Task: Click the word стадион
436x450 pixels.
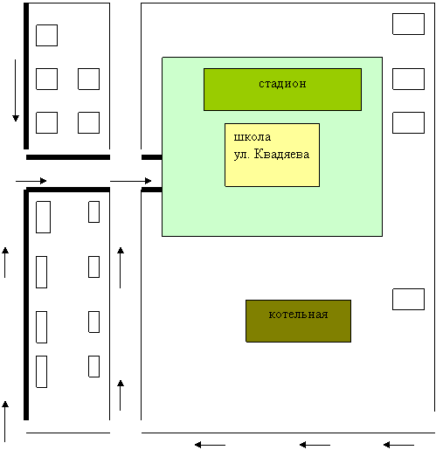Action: (282, 84)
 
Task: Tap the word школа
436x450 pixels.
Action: (253, 137)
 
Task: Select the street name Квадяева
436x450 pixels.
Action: (281, 154)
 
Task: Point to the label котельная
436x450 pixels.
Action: (298, 315)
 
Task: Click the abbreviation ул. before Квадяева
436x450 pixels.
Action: (242, 155)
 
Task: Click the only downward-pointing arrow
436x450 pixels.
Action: (16, 91)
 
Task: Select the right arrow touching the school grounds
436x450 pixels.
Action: (131, 181)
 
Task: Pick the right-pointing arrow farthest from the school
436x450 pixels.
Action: (31, 181)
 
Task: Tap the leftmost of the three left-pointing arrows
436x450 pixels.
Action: (210, 445)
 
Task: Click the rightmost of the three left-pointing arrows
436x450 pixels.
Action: (398, 445)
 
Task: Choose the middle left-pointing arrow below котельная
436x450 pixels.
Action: (315, 445)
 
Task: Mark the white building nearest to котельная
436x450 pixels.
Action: (408, 299)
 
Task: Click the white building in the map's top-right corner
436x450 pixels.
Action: (408, 24)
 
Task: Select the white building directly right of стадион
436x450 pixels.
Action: (408, 79)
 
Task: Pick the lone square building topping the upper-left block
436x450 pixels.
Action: (46, 35)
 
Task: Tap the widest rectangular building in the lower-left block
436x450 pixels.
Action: (43, 217)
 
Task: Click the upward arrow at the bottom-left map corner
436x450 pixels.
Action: (5, 421)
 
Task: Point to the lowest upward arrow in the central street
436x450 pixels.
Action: (121, 395)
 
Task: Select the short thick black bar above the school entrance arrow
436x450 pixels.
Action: (152, 157)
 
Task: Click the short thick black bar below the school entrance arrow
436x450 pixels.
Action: (152, 190)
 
